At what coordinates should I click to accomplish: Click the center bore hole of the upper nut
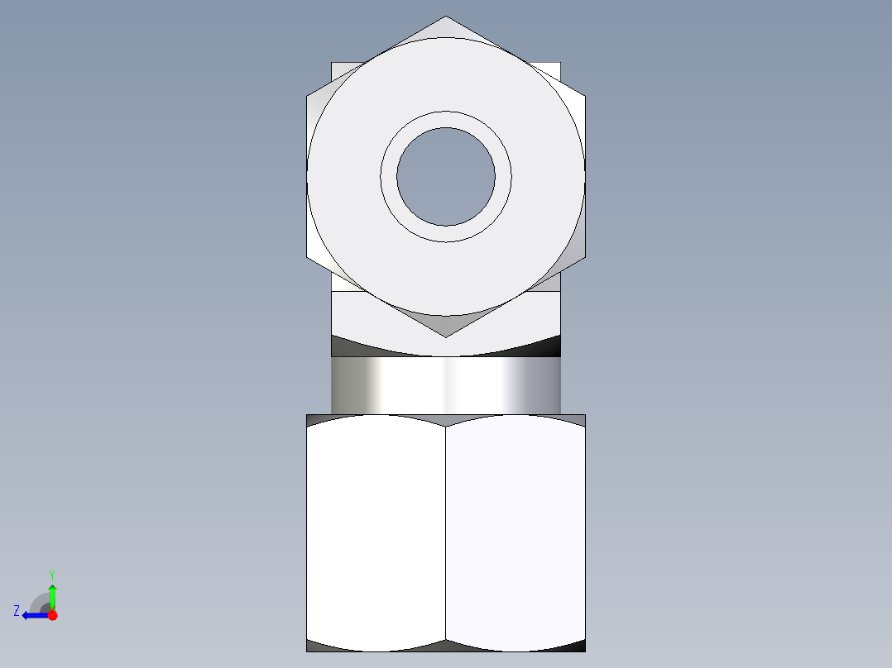[446, 176]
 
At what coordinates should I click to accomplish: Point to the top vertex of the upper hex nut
[446, 17]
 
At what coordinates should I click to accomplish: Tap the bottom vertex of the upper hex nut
[446, 336]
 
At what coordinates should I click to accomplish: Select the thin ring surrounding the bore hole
[446, 119]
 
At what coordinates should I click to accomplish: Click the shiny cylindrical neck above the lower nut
[446, 385]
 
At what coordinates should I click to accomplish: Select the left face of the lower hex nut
[376, 533]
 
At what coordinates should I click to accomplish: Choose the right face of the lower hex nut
[516, 533]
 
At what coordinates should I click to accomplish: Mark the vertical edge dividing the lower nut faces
[446, 533]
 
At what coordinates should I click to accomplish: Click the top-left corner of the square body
[333, 64]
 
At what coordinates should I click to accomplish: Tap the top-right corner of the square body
[559, 64]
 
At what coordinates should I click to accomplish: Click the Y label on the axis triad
[52, 574]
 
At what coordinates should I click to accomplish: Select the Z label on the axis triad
[17, 611]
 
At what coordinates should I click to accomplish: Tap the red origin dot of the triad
[52, 615]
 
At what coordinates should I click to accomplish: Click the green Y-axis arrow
[52, 595]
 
